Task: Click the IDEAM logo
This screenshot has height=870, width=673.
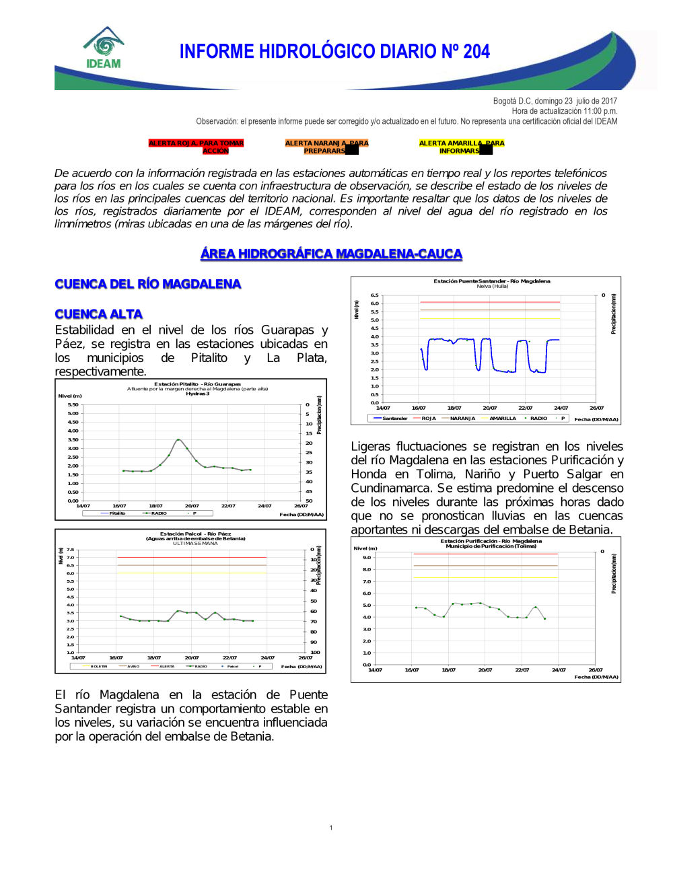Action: coord(104,48)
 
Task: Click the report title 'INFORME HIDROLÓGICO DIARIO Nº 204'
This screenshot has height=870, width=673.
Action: coord(334,52)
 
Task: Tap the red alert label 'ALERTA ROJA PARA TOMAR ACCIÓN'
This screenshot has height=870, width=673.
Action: coord(196,147)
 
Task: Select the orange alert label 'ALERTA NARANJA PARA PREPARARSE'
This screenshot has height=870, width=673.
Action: coord(326,147)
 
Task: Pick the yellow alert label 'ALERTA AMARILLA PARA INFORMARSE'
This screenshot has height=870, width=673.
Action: coord(461,147)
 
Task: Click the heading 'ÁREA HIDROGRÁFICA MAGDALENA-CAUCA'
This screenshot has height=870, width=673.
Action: coord(331,254)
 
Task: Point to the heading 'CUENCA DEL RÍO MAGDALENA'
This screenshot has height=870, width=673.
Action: coord(148,284)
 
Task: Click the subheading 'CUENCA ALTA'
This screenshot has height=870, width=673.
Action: coord(99,314)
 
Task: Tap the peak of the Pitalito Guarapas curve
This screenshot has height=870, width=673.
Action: coord(178,439)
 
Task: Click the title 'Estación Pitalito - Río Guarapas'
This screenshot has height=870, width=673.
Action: coord(197,384)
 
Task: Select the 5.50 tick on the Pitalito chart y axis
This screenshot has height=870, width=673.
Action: coord(73,405)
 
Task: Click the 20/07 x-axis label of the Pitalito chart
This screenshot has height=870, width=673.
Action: coord(192,506)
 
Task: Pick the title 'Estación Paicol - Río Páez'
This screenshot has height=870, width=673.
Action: coord(195,534)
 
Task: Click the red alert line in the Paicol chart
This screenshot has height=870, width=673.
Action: coord(192,557)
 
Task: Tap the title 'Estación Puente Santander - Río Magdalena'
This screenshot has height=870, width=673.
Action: coord(491,281)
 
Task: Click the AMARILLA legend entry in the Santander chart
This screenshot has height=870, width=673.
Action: coord(502,419)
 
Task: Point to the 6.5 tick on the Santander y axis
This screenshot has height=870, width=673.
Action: coord(374,295)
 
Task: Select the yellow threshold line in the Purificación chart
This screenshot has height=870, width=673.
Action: coord(485,577)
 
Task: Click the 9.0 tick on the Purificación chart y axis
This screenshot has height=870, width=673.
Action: coord(367,558)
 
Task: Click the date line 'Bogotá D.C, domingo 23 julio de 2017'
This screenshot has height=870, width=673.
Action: coord(555,101)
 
